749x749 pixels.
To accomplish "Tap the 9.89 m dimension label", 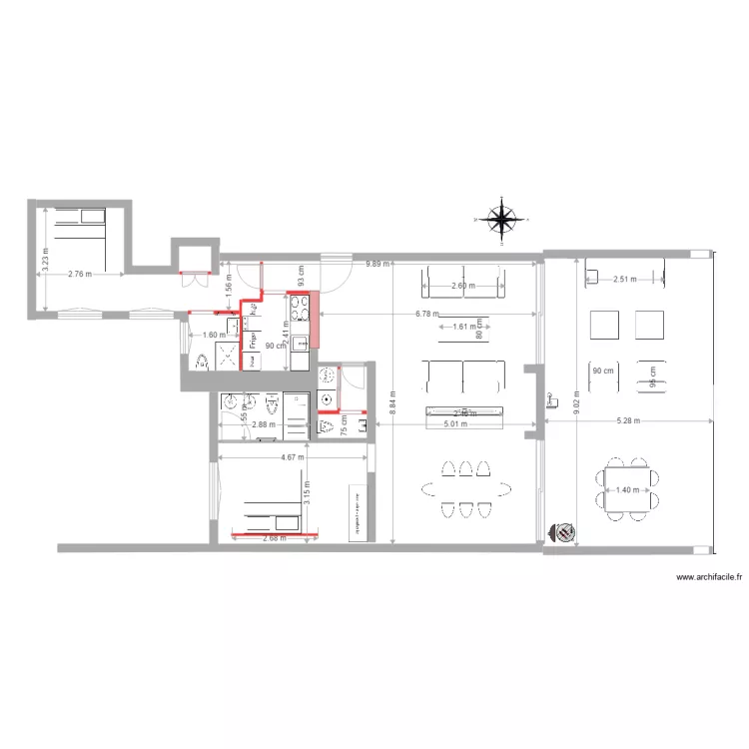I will point(377,264).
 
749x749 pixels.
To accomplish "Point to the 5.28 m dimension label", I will point(627,421).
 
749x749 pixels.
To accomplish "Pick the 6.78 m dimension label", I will point(427,315).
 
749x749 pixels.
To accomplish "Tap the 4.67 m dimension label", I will point(293,458).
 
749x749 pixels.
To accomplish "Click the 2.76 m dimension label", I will point(81,274).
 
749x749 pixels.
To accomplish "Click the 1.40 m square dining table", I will point(627,489).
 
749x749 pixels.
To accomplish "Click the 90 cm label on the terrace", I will point(602,372).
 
